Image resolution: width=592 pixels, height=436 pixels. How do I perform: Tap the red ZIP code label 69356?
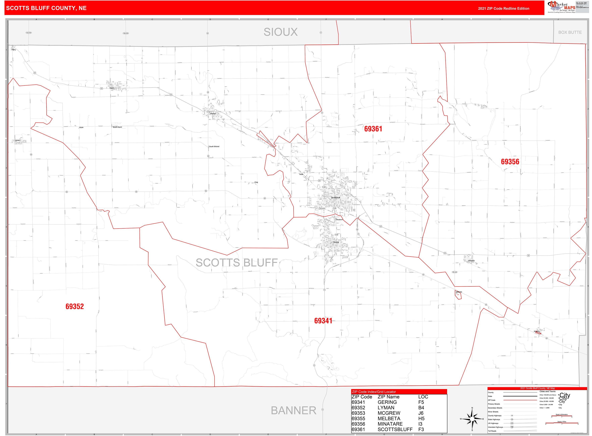pyautogui.click(x=510, y=162)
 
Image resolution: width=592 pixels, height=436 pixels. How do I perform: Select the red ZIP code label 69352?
pyautogui.click(x=74, y=306)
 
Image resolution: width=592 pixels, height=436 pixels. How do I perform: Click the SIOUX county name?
pyautogui.click(x=280, y=32)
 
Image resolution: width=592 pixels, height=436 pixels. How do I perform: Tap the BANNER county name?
pyautogui.click(x=293, y=410)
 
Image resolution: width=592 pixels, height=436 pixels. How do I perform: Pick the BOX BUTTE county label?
pyautogui.click(x=570, y=32)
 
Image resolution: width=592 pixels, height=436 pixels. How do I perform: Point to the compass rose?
pyautogui.click(x=472, y=419)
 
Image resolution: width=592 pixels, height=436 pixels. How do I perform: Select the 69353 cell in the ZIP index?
pyautogui.click(x=358, y=413)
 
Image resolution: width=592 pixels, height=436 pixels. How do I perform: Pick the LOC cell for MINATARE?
pyautogui.click(x=420, y=424)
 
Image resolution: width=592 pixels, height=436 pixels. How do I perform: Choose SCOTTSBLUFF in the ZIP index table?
pyautogui.click(x=395, y=429)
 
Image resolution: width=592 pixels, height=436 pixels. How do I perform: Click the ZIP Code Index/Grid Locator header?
pyautogui.click(x=374, y=392)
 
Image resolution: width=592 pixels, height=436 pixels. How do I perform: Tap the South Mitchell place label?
pyautogui.click(x=214, y=146)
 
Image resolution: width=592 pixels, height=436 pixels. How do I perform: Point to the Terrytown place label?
pyautogui.click(x=339, y=220)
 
